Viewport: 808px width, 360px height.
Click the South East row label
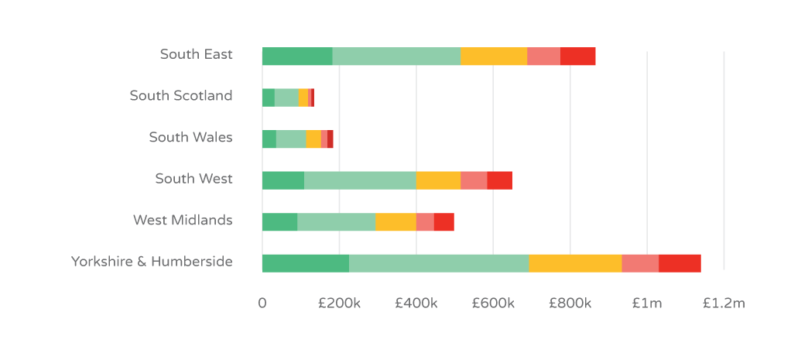pos(196,54)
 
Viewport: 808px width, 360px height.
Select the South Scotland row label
pos(180,96)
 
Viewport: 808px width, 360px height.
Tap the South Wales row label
pos(190,137)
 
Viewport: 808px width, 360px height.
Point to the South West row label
pos(193,179)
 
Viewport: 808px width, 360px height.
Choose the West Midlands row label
pos(183,220)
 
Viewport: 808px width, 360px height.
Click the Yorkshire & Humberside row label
pos(152,262)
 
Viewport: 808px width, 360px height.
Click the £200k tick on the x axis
pos(339,303)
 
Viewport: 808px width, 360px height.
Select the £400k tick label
pos(416,303)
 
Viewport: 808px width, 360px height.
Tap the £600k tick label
pos(493,303)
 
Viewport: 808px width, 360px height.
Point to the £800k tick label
pos(570,303)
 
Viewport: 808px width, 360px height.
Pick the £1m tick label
pos(646,303)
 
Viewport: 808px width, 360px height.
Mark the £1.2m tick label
pos(724,303)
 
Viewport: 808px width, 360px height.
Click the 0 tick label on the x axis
pos(262,303)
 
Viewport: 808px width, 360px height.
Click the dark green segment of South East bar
pos(297,57)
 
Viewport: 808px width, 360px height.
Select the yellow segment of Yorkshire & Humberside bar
pos(575,263)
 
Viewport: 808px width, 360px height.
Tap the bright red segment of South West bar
pos(499,180)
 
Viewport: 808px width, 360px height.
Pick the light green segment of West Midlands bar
pos(336,222)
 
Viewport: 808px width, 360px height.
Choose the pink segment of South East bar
pos(543,57)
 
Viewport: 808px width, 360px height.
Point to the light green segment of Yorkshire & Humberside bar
pos(439,263)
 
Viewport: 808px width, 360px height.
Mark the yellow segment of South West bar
pos(438,180)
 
